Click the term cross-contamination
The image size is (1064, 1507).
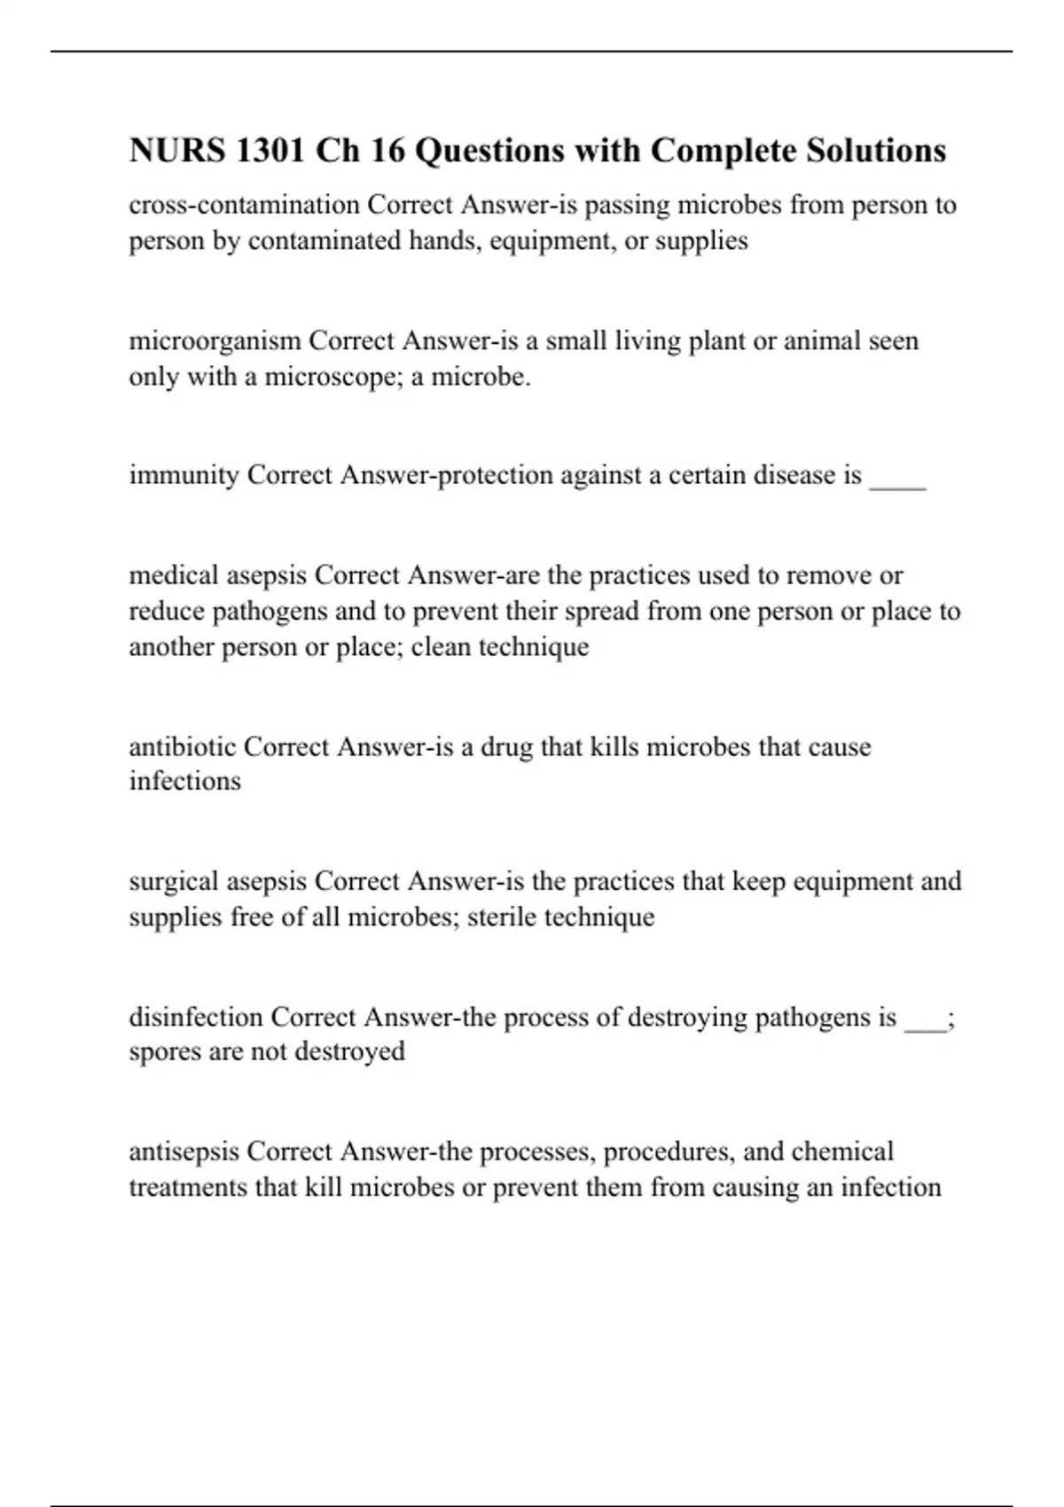pos(244,205)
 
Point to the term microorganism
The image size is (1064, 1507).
pos(215,340)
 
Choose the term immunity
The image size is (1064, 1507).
pos(184,475)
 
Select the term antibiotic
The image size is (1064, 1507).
pos(183,746)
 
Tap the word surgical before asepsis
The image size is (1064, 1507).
pos(174,881)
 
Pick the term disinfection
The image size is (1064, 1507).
pos(196,1017)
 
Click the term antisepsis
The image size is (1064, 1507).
pos(184,1152)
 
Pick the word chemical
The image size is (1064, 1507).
pos(842,1152)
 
